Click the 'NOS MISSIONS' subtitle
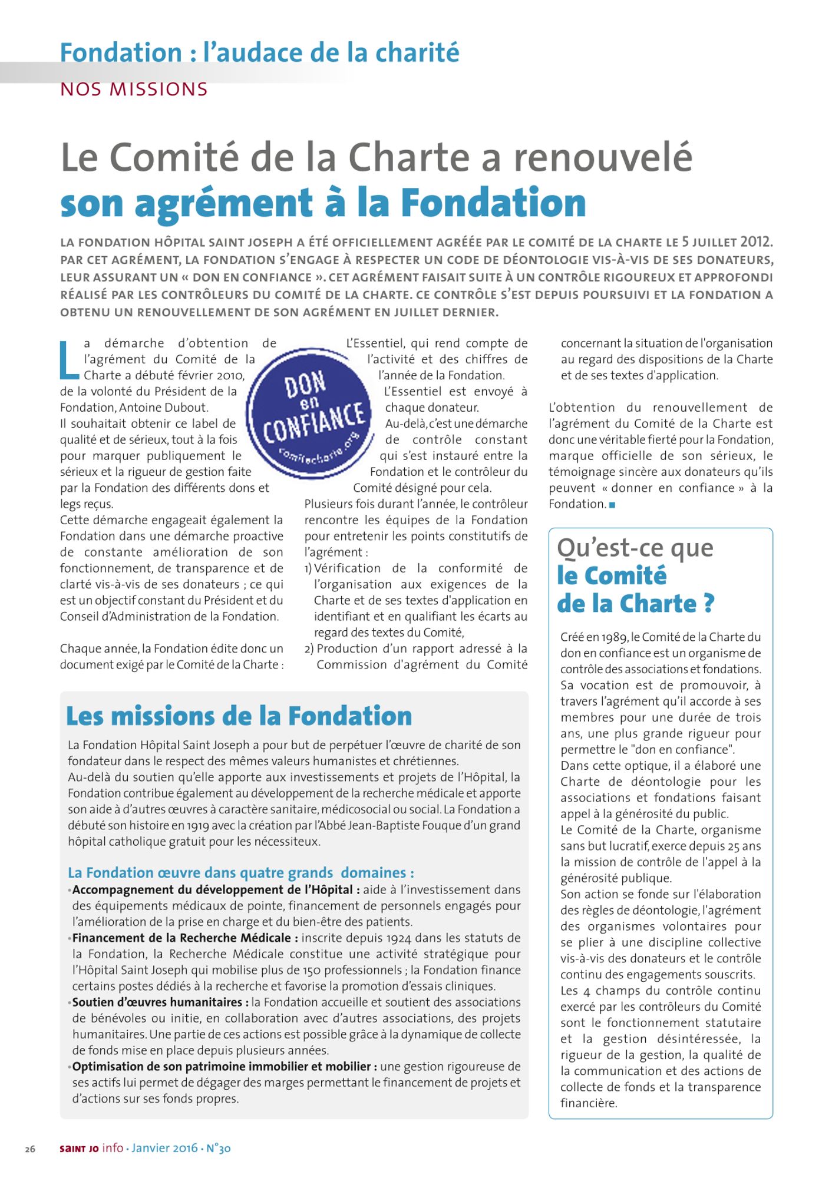(x=134, y=90)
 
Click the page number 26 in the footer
(x=30, y=1149)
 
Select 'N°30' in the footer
(x=218, y=1148)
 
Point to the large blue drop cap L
(x=69, y=359)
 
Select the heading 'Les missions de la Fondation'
(x=239, y=716)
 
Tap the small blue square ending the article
(x=612, y=505)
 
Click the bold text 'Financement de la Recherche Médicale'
(x=181, y=938)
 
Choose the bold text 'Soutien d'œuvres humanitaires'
(x=157, y=1002)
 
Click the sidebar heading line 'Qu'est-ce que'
(x=635, y=548)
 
